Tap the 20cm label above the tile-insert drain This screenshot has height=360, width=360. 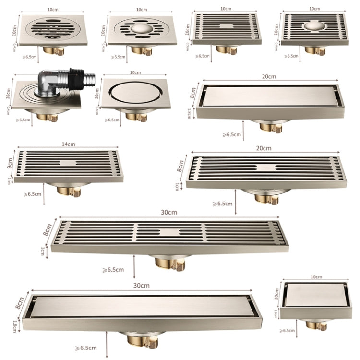point(269,76)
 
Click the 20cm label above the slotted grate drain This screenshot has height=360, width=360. point(264,148)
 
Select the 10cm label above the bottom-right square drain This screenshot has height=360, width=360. point(316,277)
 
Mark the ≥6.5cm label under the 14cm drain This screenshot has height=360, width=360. point(32,194)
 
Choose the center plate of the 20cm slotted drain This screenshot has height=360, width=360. point(265,168)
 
